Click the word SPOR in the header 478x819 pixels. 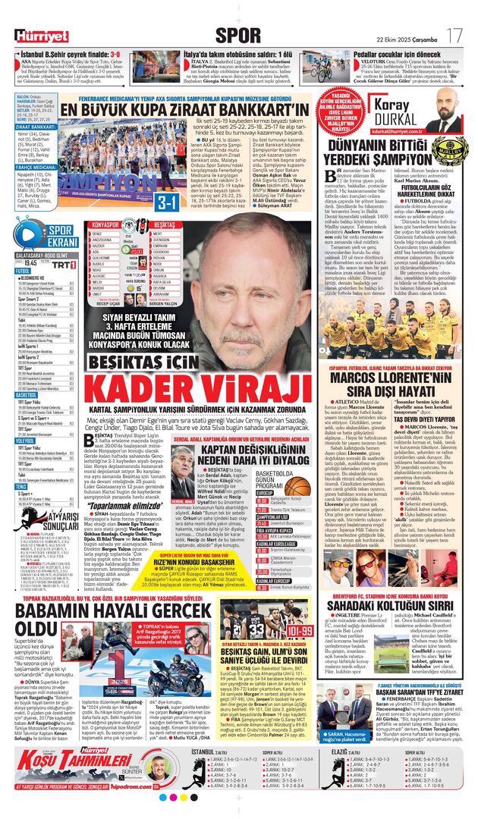click(238, 35)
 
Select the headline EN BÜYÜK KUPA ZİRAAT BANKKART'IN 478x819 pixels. click(185, 111)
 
